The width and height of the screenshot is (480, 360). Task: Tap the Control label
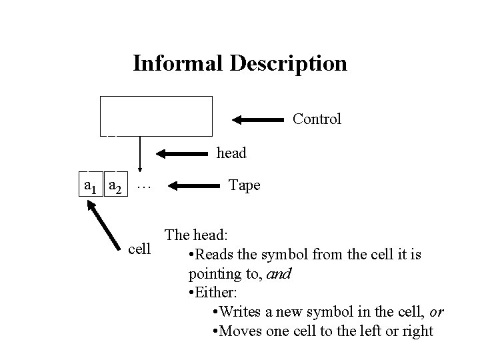317,119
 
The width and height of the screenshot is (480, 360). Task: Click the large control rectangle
156,115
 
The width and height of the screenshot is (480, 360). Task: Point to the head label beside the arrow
232,153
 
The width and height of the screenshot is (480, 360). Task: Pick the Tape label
244,185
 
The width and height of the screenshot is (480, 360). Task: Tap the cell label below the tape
140,250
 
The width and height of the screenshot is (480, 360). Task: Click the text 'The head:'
197,235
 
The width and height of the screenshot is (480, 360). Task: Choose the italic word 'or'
437,312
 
